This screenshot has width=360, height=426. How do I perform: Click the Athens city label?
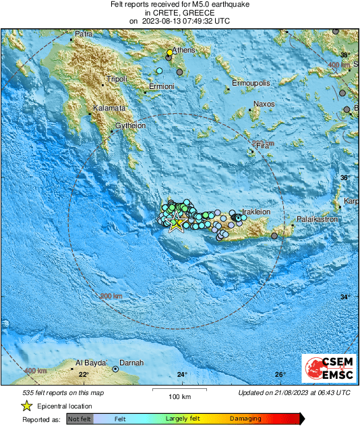point(183,51)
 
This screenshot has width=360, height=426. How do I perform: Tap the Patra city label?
point(84,34)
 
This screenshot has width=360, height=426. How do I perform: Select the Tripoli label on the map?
point(116,79)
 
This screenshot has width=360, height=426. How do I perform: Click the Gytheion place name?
point(130,125)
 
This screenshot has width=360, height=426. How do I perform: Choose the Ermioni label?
point(162,86)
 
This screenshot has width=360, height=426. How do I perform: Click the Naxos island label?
point(263,104)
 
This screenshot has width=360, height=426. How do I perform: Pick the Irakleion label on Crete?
point(256,212)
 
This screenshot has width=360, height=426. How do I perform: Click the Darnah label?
point(132,362)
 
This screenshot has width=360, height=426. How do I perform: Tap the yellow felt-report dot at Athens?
point(170,53)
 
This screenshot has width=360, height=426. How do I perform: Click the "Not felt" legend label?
point(80,419)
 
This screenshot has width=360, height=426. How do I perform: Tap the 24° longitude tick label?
point(182,375)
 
